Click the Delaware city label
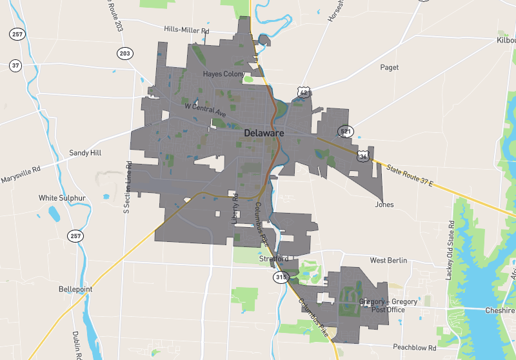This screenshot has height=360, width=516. pyautogui.click(x=264, y=133)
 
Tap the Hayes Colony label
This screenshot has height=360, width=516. pyautogui.click(x=224, y=74)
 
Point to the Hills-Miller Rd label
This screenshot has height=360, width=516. pyautogui.click(x=187, y=30)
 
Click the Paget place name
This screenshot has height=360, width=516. pyautogui.click(x=390, y=67)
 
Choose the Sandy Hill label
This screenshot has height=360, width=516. pyautogui.click(x=85, y=153)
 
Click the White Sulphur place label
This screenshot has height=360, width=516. pyautogui.click(x=62, y=197)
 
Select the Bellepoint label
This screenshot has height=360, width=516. pyautogui.click(x=75, y=289)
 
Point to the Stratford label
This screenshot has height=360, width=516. pyautogui.click(x=273, y=259)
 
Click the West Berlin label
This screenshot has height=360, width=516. pyautogui.click(x=388, y=260)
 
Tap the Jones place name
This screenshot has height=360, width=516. pyautogui.click(x=384, y=205)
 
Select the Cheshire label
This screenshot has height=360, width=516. pyautogui.click(x=501, y=310)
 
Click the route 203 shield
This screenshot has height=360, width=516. pyautogui.click(x=124, y=53)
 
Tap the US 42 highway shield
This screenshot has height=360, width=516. pyautogui.click(x=304, y=93)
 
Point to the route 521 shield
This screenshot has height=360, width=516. pyautogui.click(x=346, y=132)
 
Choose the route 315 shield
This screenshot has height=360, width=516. pyautogui.click(x=281, y=277)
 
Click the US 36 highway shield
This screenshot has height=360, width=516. pyautogui.click(x=364, y=156)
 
